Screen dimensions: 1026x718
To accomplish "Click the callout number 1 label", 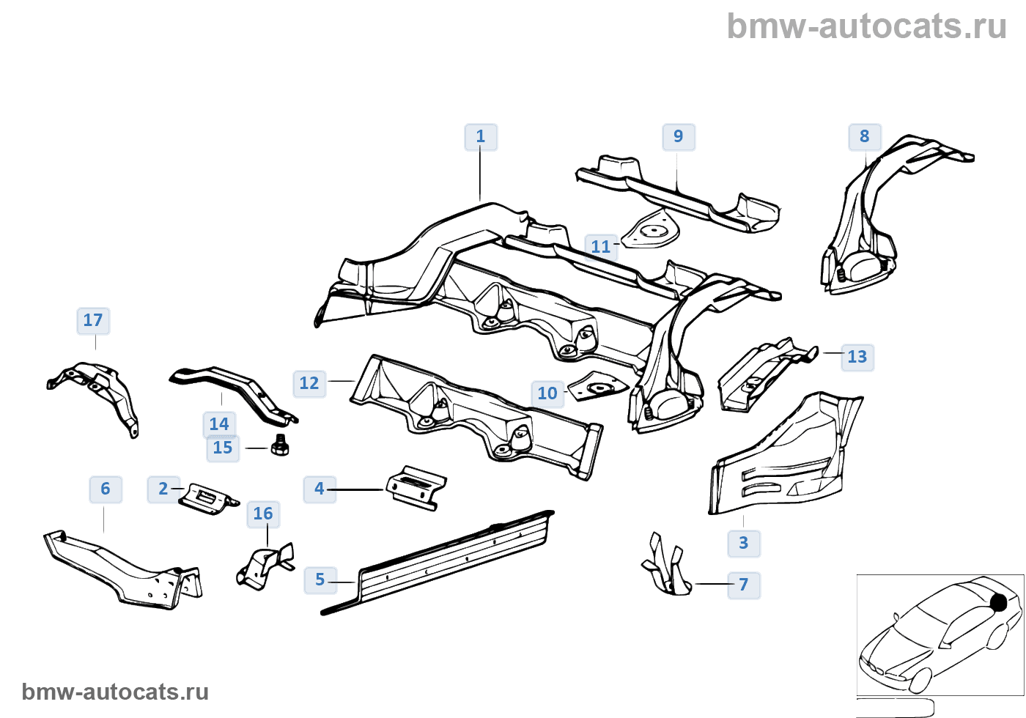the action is coord(481,137).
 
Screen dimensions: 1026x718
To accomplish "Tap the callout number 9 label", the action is coord(679,137).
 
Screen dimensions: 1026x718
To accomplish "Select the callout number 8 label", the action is coord(864,137).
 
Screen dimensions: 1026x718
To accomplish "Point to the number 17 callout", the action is coord(93,321).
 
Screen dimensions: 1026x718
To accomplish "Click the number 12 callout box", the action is coord(309,384).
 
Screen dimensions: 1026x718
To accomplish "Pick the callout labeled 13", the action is coord(857,358).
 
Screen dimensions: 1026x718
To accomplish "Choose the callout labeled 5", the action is coord(320,580).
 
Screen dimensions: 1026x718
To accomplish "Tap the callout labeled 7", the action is coord(744,585).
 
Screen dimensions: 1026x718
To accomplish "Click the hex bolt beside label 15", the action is coord(279,445).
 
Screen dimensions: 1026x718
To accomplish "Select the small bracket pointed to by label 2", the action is coord(208,499).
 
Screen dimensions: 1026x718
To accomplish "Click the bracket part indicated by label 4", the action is coord(416,488).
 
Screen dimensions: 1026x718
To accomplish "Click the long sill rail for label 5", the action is coord(438,563).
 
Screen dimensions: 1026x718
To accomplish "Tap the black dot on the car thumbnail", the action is coord(998,602).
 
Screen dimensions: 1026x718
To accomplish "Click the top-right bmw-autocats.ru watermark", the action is coord(866,26).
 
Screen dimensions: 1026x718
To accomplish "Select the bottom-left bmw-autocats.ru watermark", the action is coord(115,692).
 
